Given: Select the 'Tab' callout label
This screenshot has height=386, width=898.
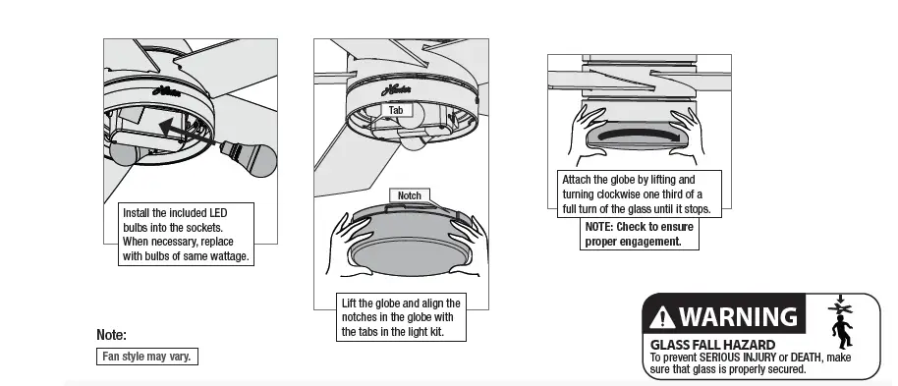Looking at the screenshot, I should pyautogui.click(x=395, y=111).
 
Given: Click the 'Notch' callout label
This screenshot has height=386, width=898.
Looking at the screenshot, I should pyautogui.click(x=409, y=195).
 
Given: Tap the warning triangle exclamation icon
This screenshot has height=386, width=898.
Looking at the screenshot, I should pyautogui.click(x=663, y=318).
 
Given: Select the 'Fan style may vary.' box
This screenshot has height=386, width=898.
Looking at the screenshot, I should pyautogui.click(x=146, y=356).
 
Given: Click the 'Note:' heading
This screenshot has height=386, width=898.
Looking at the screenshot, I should pyautogui.click(x=111, y=335).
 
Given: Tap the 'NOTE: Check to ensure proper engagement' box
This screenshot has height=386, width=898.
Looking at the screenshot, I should pyautogui.click(x=640, y=234).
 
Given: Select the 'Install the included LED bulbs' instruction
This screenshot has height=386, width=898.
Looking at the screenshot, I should pyautogui.click(x=185, y=234).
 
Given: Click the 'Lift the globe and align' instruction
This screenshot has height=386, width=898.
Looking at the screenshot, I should pyautogui.click(x=401, y=317).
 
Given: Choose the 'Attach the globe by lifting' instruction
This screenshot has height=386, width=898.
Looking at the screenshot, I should pyautogui.click(x=639, y=194).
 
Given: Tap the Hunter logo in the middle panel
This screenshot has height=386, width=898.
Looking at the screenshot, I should pyautogui.click(x=395, y=90).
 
